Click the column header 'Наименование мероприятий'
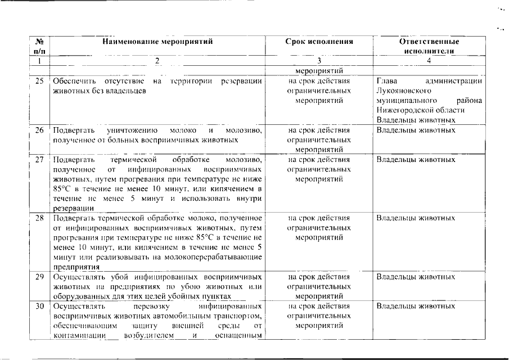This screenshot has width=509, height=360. pyautogui.click(x=158, y=42)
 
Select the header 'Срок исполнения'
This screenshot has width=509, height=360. pyautogui.click(x=319, y=42)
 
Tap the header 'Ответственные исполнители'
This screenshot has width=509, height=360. pyautogui.click(x=429, y=46)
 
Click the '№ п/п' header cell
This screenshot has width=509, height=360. pyautogui.click(x=39, y=46)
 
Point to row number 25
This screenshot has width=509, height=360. pyautogui.click(x=39, y=81)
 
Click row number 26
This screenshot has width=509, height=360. pyautogui.click(x=39, y=130)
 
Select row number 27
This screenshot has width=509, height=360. pyautogui.click(x=39, y=160)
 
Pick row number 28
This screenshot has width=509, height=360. pyautogui.click(x=39, y=218)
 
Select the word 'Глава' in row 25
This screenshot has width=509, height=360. pyautogui.click(x=386, y=81)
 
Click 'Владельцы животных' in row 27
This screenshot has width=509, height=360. pyautogui.click(x=416, y=160)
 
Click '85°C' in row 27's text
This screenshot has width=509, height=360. pyautogui.click(x=62, y=188)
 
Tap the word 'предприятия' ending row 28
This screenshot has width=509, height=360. pyautogui.click(x=76, y=267)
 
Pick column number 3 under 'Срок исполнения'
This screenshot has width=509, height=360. pyautogui.click(x=319, y=61)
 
